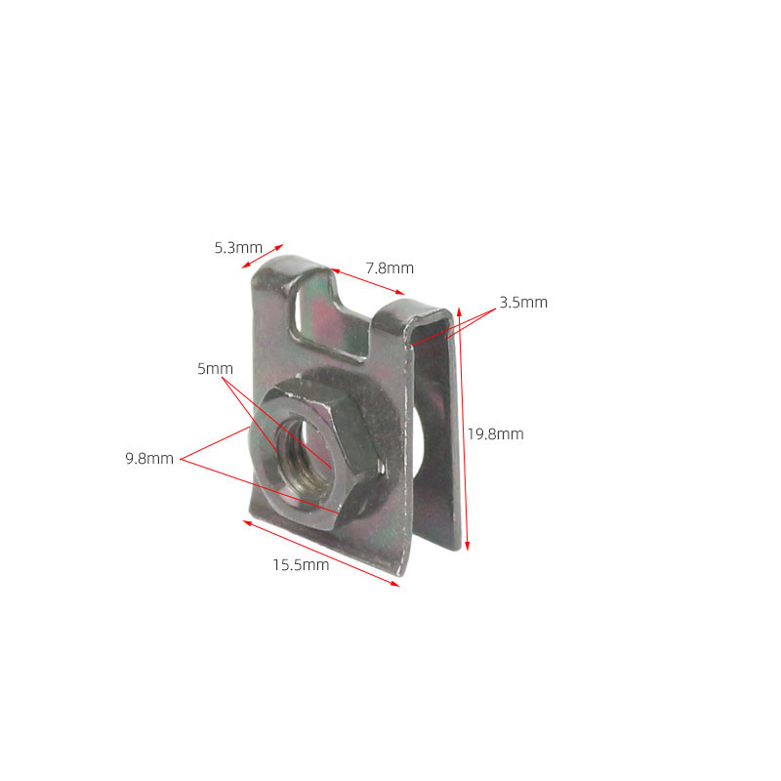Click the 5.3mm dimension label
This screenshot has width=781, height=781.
238,248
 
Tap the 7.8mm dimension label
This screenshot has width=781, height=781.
390,267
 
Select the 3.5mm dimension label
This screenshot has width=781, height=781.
523,303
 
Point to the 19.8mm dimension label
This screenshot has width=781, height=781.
496,433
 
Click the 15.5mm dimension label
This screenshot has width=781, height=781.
301,565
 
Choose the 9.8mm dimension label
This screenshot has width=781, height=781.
149,458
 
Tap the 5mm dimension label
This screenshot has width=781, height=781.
215,369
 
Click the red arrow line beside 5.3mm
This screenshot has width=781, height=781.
263,256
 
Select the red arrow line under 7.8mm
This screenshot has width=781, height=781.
367,281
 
